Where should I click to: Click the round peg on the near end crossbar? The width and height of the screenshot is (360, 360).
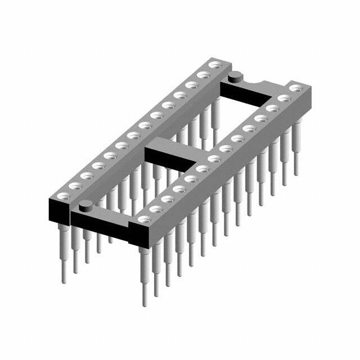pos(85,205)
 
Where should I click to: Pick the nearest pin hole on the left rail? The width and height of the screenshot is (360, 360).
pos(62,196)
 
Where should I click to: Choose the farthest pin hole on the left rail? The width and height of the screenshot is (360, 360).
pos(213,65)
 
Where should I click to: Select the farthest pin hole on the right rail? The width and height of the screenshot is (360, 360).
pos(296,88)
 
